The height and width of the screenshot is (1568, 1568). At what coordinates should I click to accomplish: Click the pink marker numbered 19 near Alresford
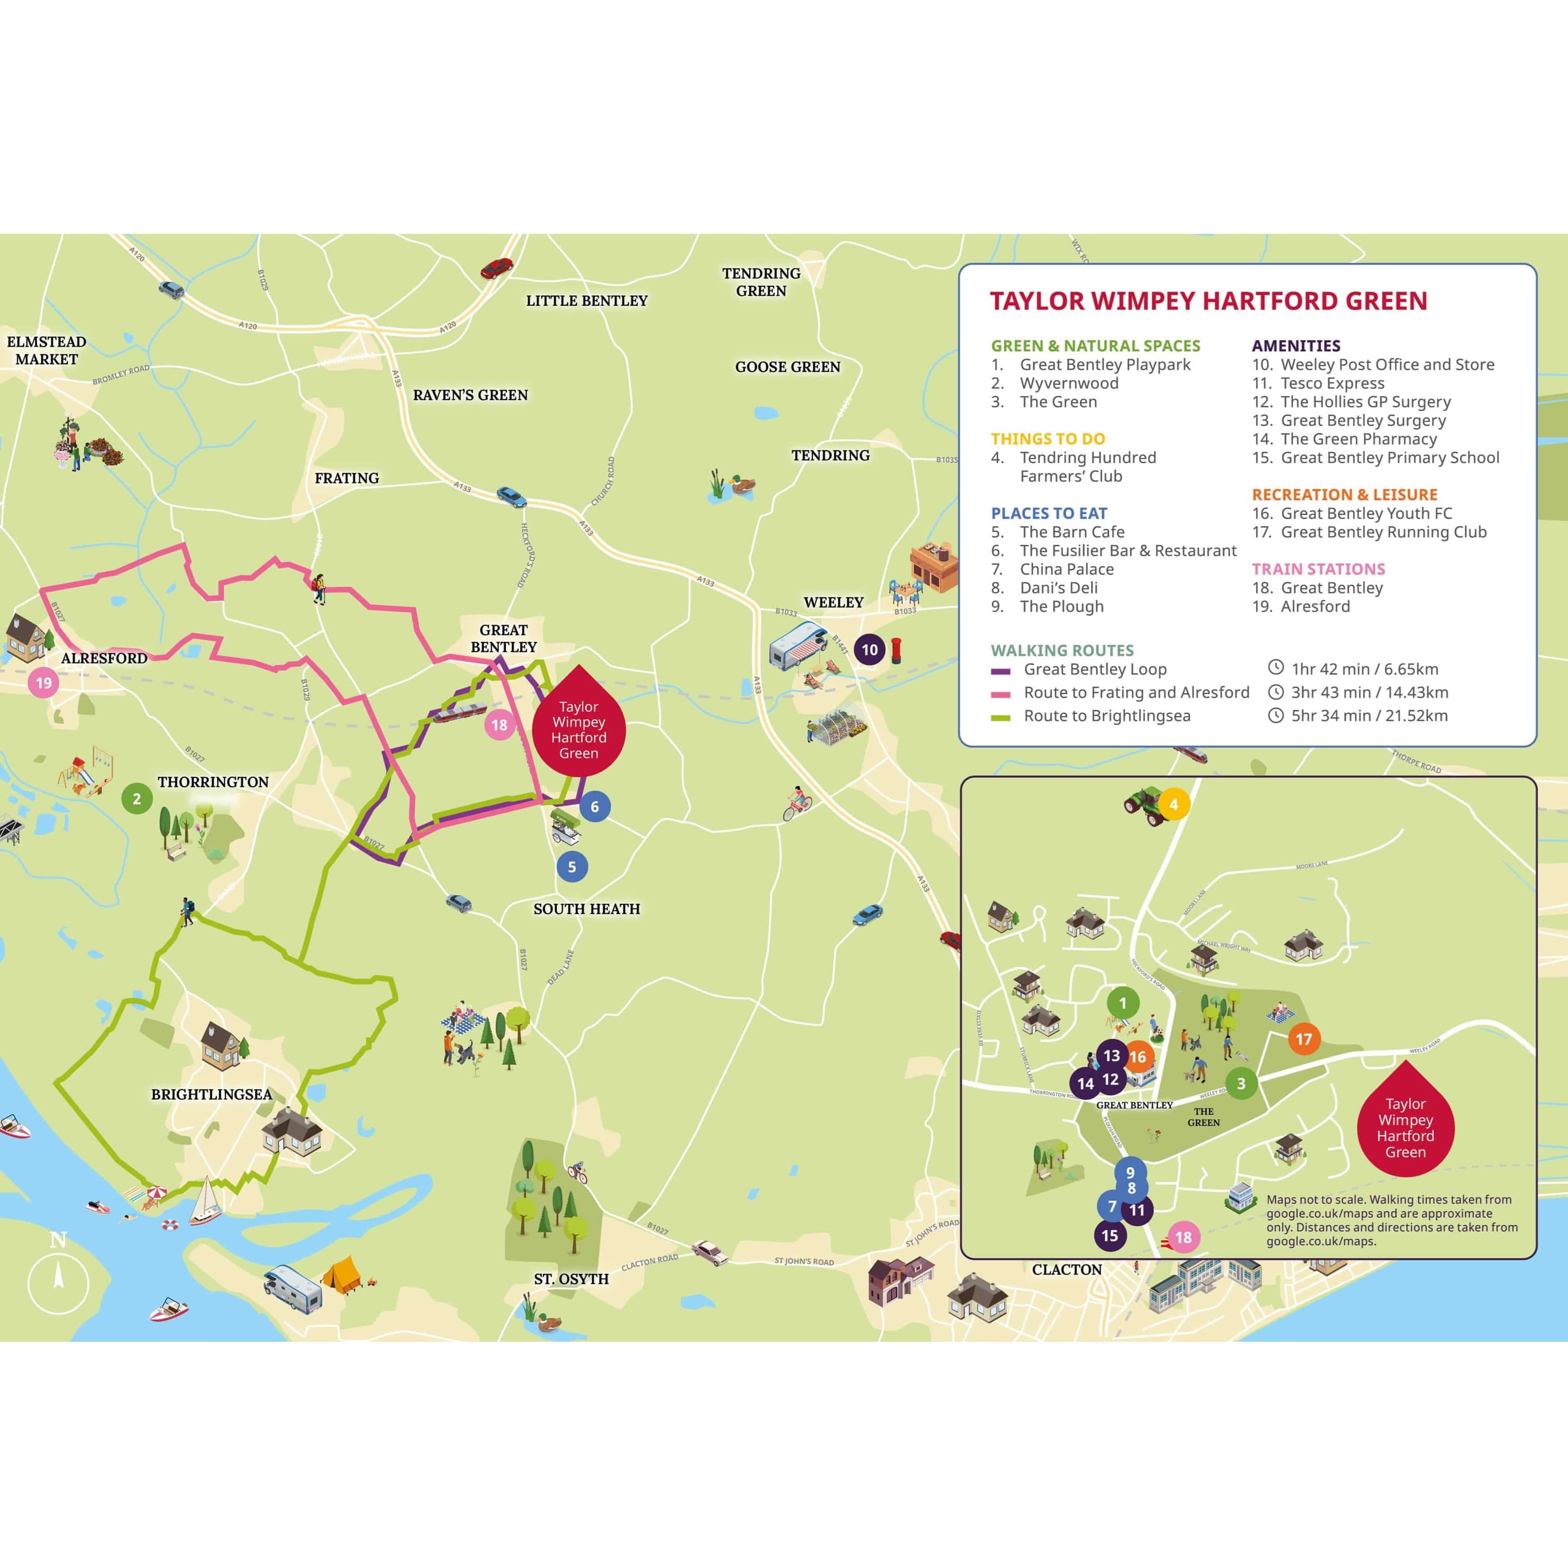(x=44, y=683)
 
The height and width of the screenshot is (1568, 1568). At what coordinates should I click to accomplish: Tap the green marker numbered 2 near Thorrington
(x=136, y=799)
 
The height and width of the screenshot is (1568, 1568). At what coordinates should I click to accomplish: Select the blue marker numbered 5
(x=571, y=867)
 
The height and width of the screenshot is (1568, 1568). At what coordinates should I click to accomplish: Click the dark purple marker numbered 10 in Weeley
(x=869, y=649)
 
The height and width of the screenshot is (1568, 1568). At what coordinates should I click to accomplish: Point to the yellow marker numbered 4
(x=1173, y=804)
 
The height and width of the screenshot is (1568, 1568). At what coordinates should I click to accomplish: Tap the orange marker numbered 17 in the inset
(x=1303, y=1039)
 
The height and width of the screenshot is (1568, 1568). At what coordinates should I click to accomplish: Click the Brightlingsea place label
(x=211, y=1094)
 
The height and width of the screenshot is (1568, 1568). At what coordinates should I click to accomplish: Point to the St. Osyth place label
(x=571, y=1278)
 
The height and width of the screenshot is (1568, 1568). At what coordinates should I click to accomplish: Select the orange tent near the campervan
(x=342, y=1273)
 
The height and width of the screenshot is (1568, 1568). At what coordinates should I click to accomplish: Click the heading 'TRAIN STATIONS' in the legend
(x=1318, y=569)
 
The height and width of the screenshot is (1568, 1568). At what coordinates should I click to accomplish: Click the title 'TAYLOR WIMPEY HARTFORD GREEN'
(x=1208, y=301)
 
